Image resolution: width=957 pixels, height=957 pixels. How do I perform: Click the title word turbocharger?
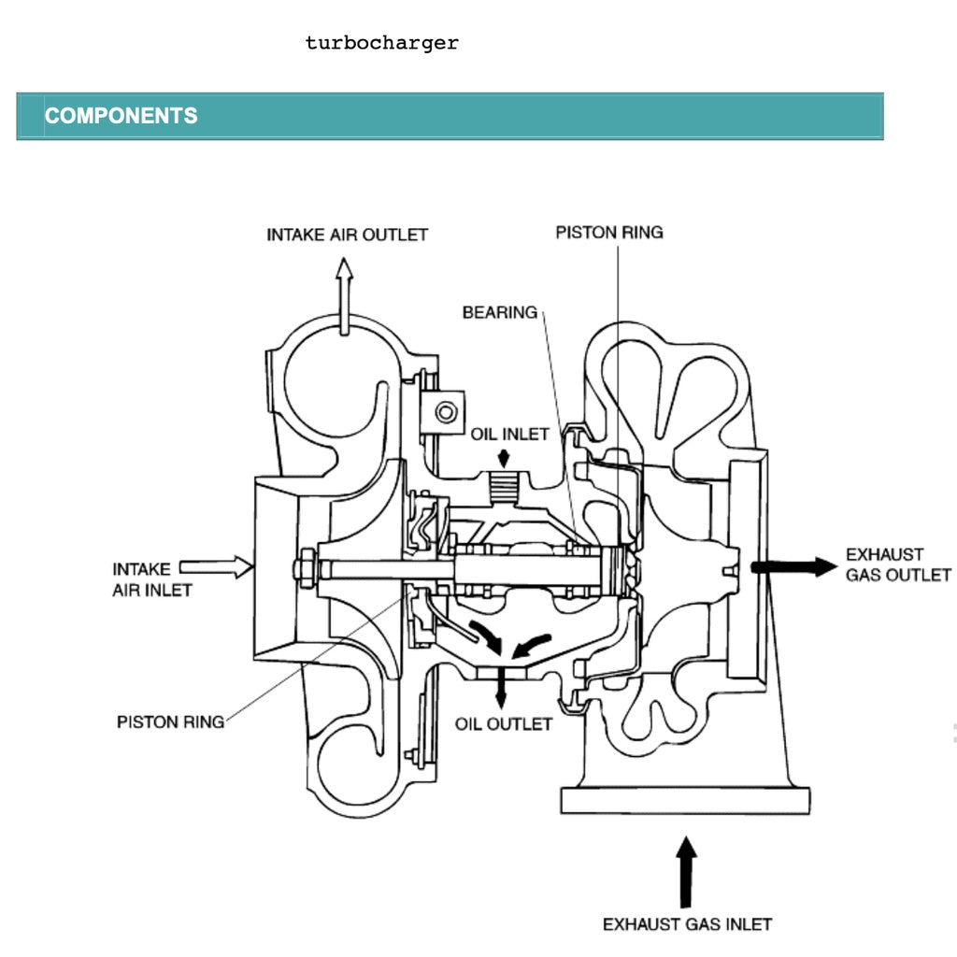pos(381,43)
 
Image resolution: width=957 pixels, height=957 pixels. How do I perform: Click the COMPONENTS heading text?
pos(121,116)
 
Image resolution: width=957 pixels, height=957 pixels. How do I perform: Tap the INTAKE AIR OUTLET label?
pos(347,234)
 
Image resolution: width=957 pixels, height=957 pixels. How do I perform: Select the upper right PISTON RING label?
pos(608,232)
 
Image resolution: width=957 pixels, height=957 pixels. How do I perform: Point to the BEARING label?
pos(499,312)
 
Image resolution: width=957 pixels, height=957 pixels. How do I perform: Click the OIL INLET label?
pos(509,435)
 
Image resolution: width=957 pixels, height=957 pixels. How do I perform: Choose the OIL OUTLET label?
pos(503,724)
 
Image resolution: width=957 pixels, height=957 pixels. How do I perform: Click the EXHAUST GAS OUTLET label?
pos(897,564)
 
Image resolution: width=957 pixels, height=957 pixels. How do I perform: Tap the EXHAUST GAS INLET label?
pos(687,924)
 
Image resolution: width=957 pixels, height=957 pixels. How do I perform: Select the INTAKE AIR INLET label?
pos(142,578)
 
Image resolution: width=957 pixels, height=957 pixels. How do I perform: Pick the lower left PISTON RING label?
pos(170,721)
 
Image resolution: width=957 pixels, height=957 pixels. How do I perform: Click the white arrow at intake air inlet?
pos(216,565)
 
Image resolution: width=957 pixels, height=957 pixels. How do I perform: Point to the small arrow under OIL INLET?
pos(504,457)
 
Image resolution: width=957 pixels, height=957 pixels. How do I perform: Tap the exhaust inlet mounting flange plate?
pos(685,801)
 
